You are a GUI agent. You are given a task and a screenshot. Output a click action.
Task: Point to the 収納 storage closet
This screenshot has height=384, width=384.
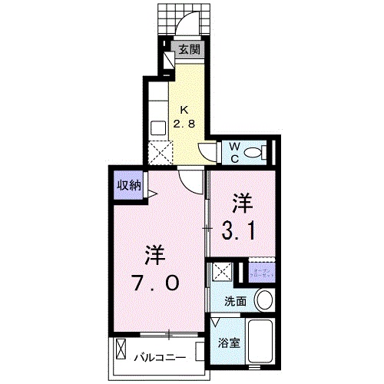point(129,185)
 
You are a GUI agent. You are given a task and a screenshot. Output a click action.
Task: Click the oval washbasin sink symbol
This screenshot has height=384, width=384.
point(264,299)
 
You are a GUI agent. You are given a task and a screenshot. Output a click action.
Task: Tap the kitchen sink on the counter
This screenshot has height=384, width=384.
point(158,127)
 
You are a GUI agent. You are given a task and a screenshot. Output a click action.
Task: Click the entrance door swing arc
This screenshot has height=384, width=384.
point(187,28)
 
